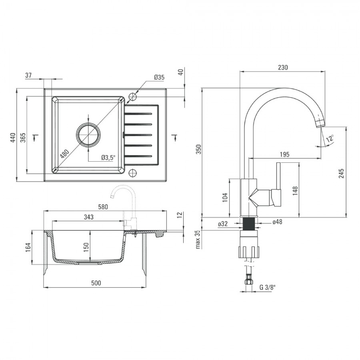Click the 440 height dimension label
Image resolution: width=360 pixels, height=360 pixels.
tap(13, 137)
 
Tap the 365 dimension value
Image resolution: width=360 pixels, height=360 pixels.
tap(23, 137)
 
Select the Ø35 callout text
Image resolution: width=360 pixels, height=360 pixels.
tap(159, 77)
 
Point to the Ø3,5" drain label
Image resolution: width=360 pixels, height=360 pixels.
tap(108, 157)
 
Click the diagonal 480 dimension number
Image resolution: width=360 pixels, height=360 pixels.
tap(64, 154)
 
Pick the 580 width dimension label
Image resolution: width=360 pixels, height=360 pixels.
tap(103, 207)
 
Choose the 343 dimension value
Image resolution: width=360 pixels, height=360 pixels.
tap(89, 217)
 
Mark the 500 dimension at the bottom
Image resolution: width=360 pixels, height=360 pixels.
tap(96, 283)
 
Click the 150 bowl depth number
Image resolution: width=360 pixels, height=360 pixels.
tap(86, 247)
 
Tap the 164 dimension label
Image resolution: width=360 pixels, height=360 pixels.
tap(28, 247)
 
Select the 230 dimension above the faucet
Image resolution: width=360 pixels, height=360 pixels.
tap(283, 67)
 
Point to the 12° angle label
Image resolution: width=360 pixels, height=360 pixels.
tap(330, 139)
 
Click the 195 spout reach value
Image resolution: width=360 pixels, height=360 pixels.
tap(284, 154)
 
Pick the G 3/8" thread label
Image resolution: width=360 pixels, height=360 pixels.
tap(268, 287)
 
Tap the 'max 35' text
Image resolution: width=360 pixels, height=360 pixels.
tap(198, 240)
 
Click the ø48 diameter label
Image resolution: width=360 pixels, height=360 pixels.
tap(277, 222)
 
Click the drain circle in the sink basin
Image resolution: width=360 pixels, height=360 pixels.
tap(88, 135)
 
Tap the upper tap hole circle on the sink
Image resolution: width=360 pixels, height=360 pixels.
tap(132, 96)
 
